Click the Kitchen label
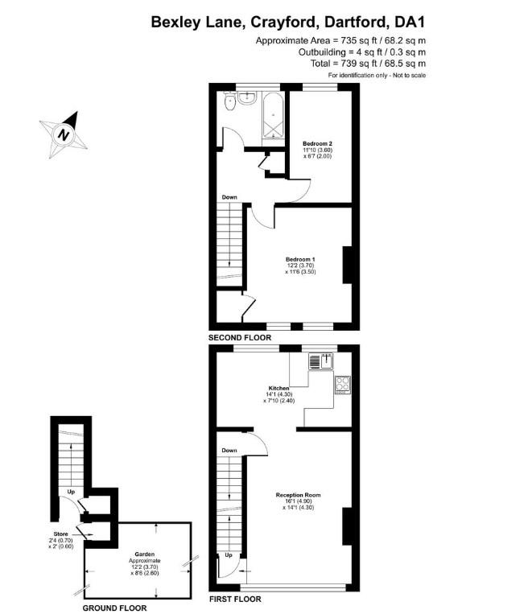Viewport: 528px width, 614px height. coord(278,388)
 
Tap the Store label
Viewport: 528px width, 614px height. coord(60,531)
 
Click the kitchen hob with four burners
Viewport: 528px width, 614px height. coord(342,385)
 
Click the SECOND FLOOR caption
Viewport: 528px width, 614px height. coord(239,338)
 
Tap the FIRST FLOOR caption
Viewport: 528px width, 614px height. coord(235,599)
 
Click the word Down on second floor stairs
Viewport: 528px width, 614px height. coord(229,197)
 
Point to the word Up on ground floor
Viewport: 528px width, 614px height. coord(71,491)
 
